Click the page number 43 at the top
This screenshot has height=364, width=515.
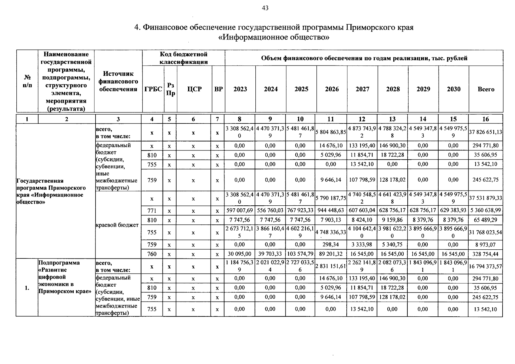point(265,8)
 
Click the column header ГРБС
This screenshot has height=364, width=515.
point(153,89)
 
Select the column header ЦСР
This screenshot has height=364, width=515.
point(194,89)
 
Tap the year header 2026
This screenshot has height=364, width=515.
point(332,89)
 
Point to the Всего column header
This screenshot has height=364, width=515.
point(486,89)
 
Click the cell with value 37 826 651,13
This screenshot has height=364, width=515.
point(486,132)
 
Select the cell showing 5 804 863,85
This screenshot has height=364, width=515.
point(331,132)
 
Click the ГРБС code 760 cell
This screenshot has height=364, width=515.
point(152,254)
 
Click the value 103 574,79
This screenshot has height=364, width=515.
point(300,254)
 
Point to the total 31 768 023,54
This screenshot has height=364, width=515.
point(486,232)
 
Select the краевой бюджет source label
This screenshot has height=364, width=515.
point(117,225)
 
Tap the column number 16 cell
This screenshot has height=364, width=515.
point(486,119)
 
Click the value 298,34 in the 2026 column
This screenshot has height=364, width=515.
point(331,244)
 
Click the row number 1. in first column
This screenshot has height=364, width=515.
point(27,288)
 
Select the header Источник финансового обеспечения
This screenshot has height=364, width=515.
point(118,81)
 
